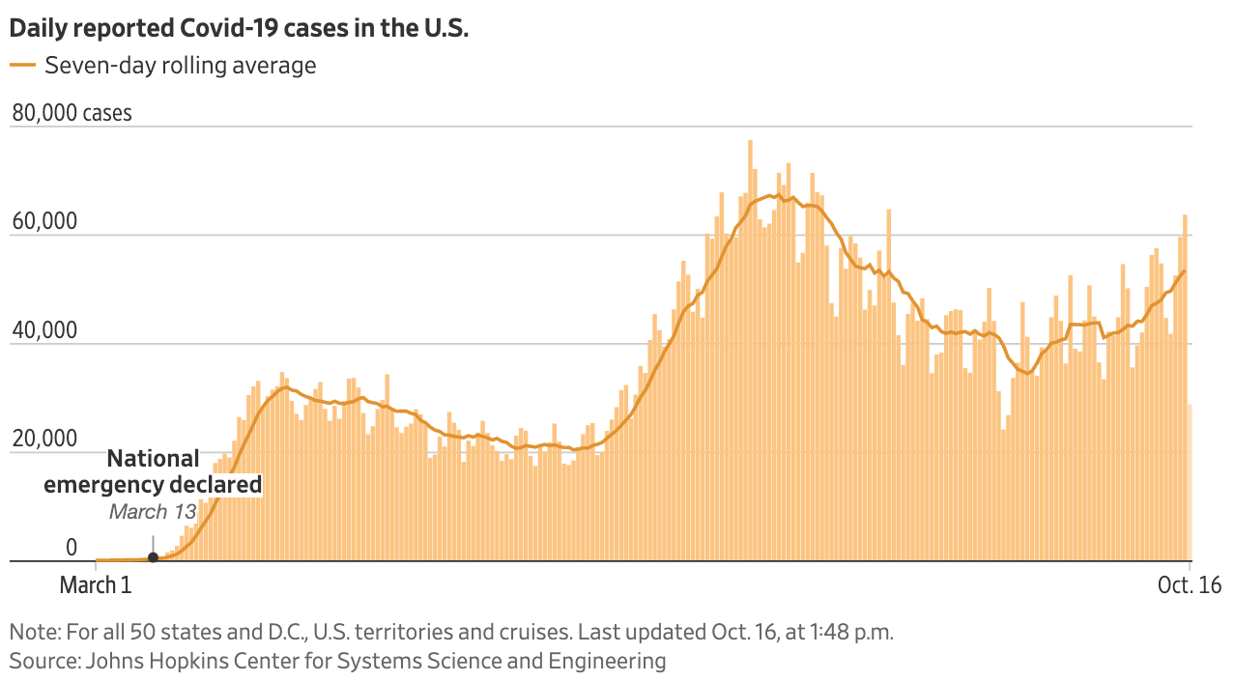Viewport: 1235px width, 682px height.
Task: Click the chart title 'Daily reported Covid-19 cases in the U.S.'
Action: [x=239, y=29]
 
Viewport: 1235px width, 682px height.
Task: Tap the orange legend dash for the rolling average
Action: [x=22, y=66]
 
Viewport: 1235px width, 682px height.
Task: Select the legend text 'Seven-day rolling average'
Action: [x=180, y=66]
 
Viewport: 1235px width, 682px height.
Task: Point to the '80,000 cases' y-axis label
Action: [x=72, y=113]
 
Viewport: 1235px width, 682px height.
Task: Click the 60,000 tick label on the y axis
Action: [x=43, y=222]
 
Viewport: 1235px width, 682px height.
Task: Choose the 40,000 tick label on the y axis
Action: [x=43, y=330]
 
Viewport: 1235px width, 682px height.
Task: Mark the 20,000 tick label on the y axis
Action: [x=43, y=439]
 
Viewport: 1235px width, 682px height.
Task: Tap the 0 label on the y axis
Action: [x=71, y=548]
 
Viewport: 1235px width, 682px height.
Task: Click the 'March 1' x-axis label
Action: [x=95, y=585]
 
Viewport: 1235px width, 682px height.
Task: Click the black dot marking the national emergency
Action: [x=153, y=557]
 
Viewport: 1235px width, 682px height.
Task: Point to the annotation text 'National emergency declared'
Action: [x=154, y=471]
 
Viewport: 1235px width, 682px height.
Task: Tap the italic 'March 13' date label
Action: [x=152, y=512]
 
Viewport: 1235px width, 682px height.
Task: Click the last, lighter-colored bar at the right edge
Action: [x=1190, y=483]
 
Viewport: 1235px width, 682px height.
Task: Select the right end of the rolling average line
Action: [x=1185, y=271]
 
